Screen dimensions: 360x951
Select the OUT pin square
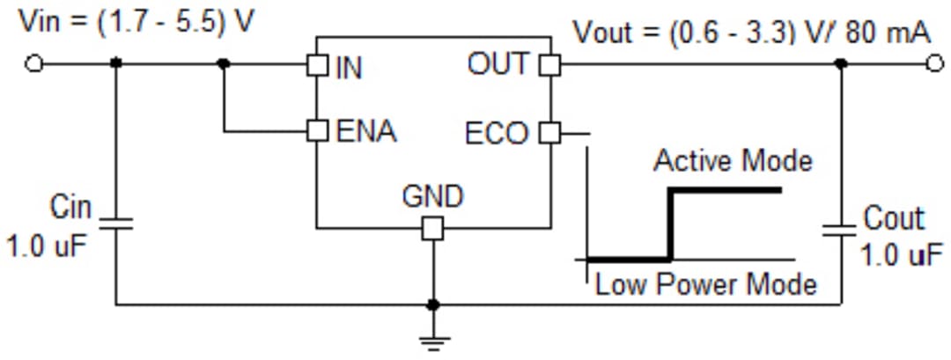549,64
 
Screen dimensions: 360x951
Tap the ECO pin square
549,133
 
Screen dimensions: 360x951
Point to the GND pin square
432,229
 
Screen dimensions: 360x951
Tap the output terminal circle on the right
934,63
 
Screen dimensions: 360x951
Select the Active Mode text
733,161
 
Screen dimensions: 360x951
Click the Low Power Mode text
705,284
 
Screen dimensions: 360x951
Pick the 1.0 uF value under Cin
48,246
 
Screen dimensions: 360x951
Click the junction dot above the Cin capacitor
115,63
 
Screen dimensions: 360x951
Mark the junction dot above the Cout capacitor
841,63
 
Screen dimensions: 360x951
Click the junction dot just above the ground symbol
432,305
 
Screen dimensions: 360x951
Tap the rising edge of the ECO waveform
672,224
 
